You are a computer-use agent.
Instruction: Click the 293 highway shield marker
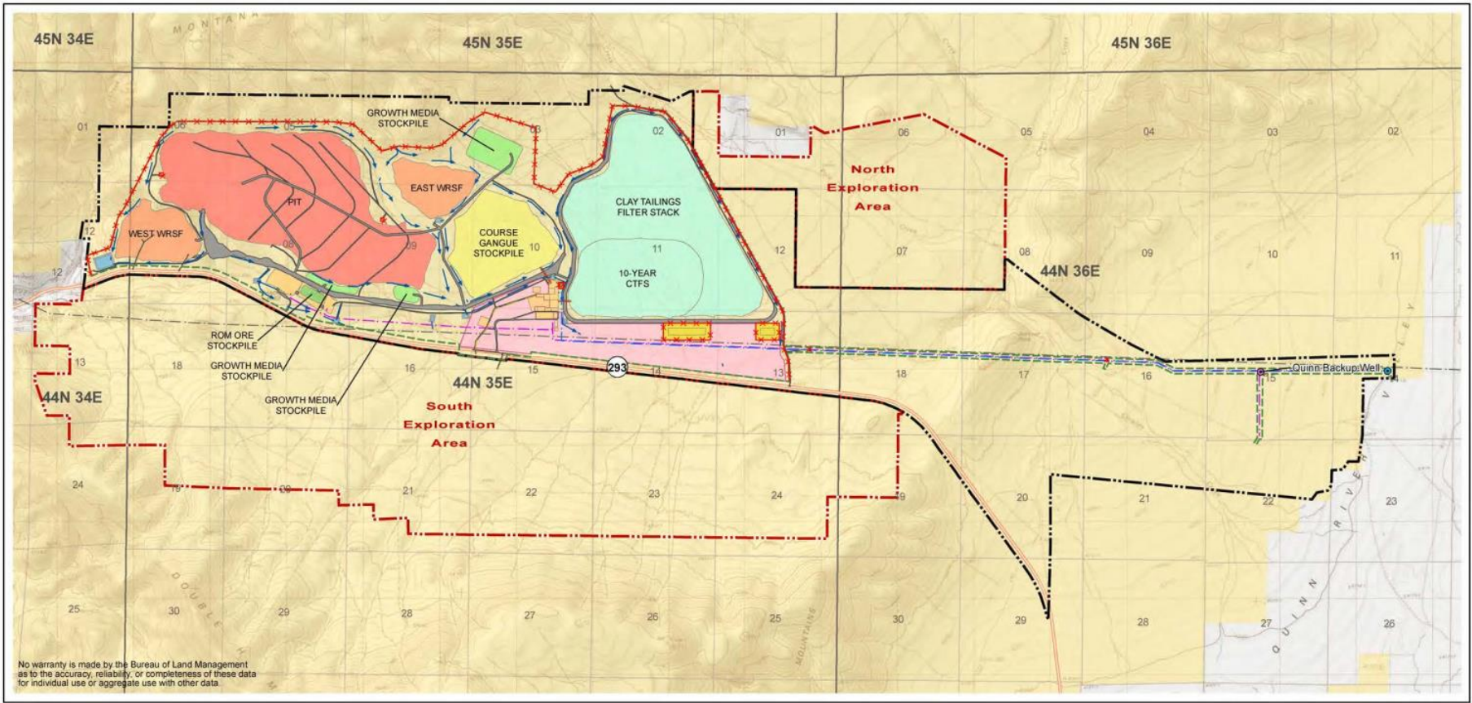(617, 367)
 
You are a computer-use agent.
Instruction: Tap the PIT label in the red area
(294, 202)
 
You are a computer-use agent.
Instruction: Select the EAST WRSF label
(436, 188)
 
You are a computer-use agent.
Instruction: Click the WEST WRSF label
(156, 234)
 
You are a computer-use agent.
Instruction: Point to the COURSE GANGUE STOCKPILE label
(499, 243)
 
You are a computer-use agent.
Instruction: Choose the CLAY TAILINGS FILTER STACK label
(648, 207)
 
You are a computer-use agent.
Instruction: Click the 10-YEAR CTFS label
(637, 279)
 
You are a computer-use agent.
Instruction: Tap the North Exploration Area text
(872, 187)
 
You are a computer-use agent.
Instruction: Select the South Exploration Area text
(449, 424)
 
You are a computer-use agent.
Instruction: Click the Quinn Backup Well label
(1336, 368)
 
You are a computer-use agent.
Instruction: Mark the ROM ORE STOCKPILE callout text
(232, 341)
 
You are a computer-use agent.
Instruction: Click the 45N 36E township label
(1140, 43)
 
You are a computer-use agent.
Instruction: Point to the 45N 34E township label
(64, 38)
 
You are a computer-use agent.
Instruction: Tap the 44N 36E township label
(1070, 271)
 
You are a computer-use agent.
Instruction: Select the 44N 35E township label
(482, 383)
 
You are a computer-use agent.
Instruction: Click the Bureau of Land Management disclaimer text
(137, 674)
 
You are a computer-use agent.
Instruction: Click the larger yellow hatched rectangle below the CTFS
(686, 331)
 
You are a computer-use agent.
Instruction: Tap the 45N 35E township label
(492, 42)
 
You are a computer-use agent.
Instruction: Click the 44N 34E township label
(72, 398)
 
